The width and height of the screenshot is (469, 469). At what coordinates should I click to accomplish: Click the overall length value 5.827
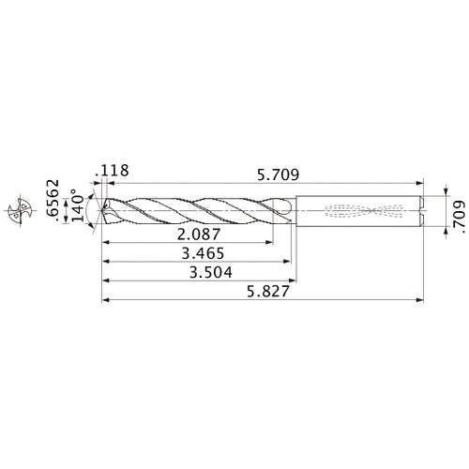[261, 292]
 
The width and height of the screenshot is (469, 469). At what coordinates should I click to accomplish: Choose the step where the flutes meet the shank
[295, 210]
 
